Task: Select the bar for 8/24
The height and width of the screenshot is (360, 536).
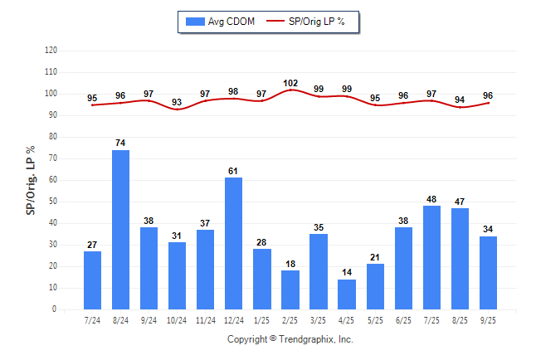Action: (x=120, y=230)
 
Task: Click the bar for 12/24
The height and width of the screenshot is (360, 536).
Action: (x=234, y=243)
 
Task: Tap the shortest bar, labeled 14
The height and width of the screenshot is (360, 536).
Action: (x=347, y=294)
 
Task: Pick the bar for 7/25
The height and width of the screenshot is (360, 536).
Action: (x=432, y=257)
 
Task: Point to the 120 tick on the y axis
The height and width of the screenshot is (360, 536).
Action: (x=51, y=51)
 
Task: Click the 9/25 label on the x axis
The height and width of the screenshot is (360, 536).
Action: (x=489, y=320)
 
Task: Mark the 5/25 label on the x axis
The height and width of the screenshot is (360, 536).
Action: (x=375, y=320)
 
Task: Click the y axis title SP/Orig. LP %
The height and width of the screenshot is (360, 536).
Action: (x=31, y=180)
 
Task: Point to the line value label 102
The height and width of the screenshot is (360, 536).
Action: (x=290, y=83)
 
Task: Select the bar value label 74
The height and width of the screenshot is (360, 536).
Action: (x=120, y=144)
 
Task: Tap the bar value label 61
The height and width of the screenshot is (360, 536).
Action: (x=234, y=171)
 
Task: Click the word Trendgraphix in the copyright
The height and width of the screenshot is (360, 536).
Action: (x=309, y=339)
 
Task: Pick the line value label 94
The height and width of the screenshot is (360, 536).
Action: (x=460, y=100)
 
